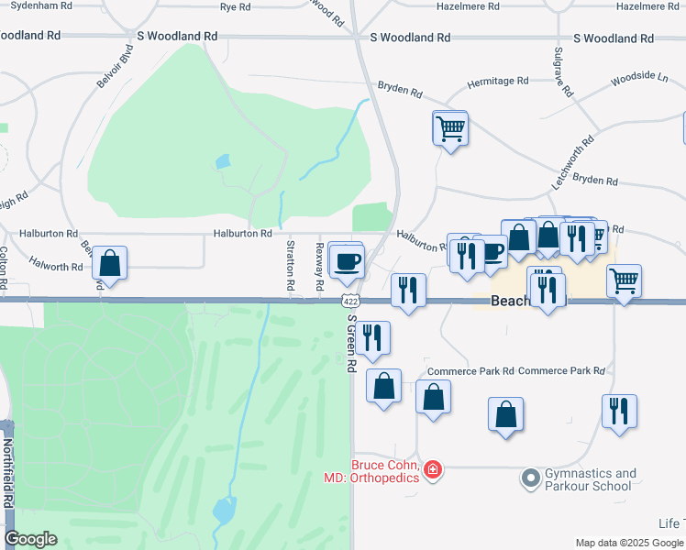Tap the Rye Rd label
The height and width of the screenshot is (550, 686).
pos(236,6)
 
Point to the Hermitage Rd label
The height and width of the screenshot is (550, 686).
pos(499,82)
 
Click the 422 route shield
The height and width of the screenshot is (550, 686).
pos(349,301)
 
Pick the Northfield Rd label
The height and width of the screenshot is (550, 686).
pos(7,473)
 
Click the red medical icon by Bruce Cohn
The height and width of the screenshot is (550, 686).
pos(432,471)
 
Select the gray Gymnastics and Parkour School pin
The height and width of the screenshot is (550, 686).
pos(529,478)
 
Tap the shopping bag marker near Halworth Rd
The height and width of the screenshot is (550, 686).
pos(110,264)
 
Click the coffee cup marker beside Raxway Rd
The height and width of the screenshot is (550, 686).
pos(348,261)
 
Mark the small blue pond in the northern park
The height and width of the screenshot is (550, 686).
pos(223,162)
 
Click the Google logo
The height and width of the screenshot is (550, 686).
pos(30,539)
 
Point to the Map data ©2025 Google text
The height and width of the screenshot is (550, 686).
pos(628,543)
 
